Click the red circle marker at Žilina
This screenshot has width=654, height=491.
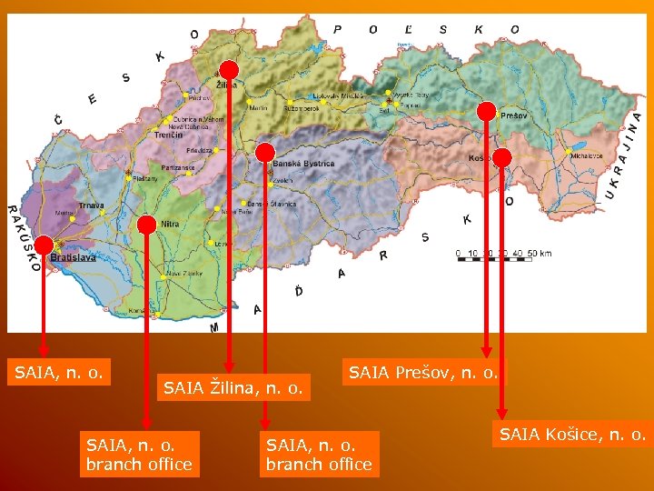(229, 71)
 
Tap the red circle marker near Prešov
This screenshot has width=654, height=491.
(487, 112)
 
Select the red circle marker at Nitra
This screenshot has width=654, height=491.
(146, 224)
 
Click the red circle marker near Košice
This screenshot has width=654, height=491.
(502, 157)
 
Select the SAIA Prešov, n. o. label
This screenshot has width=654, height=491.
(423, 371)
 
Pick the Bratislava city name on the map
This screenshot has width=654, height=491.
(73, 257)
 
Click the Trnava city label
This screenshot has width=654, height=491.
(92, 206)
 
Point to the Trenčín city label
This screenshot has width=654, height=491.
(168, 135)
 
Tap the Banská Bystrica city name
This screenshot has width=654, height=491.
(304, 164)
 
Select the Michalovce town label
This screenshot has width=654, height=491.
(587, 155)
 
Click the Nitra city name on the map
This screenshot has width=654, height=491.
(170, 223)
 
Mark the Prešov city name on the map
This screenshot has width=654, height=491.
(513, 116)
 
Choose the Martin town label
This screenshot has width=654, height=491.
(258, 107)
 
